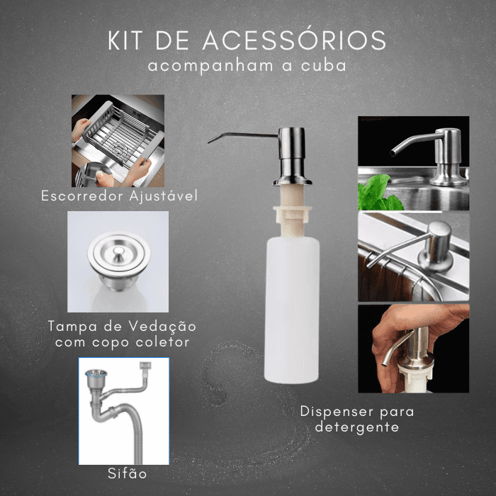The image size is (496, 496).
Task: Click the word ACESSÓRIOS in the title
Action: (x=294, y=40)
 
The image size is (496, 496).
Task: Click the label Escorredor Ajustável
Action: (x=120, y=196)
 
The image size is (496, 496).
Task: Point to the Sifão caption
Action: (x=127, y=473)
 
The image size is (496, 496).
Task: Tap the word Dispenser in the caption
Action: (x=337, y=412)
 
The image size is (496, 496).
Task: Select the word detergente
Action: (x=357, y=427)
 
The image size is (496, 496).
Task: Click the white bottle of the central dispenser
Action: (x=292, y=310)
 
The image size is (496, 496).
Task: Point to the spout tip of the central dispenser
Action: (x=210, y=142)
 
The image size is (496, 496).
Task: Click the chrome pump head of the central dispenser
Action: (x=292, y=156)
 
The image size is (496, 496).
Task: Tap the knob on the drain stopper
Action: (x=118, y=252)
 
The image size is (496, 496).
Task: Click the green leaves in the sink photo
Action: (x=378, y=193)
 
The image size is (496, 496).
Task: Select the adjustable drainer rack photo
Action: (x=118, y=141)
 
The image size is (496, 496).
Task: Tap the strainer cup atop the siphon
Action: (x=96, y=379)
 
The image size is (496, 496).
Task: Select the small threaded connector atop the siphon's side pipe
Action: (x=145, y=366)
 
